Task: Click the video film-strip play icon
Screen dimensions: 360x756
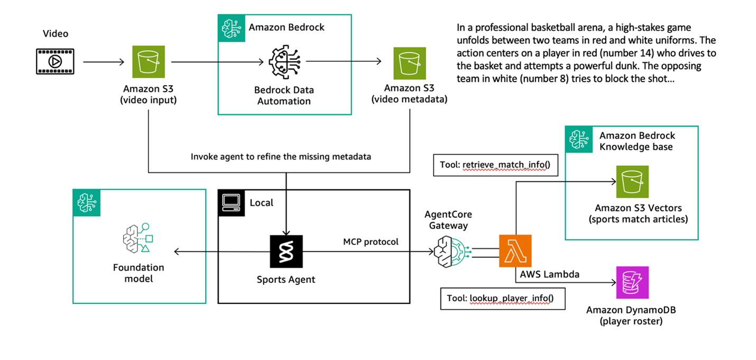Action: [x=55, y=61]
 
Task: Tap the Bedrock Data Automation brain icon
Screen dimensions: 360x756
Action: [x=284, y=62]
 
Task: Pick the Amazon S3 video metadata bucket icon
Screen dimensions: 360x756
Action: [x=409, y=63]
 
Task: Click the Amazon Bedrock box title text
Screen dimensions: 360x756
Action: [x=287, y=27]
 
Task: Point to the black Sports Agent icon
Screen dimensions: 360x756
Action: [x=286, y=251]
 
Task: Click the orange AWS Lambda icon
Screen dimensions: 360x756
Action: [x=515, y=251]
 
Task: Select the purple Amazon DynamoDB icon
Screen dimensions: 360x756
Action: [x=632, y=283]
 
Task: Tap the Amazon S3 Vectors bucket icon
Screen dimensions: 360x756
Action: [x=632, y=182]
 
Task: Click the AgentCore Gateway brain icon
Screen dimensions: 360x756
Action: [x=448, y=252]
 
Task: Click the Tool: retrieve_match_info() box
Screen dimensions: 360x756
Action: [x=495, y=165]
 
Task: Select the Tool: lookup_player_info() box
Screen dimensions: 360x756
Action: [x=502, y=298]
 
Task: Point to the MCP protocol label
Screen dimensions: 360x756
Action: [x=371, y=242]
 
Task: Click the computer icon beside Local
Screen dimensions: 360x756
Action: [x=232, y=203]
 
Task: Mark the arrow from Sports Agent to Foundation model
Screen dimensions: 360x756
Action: [x=222, y=252]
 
